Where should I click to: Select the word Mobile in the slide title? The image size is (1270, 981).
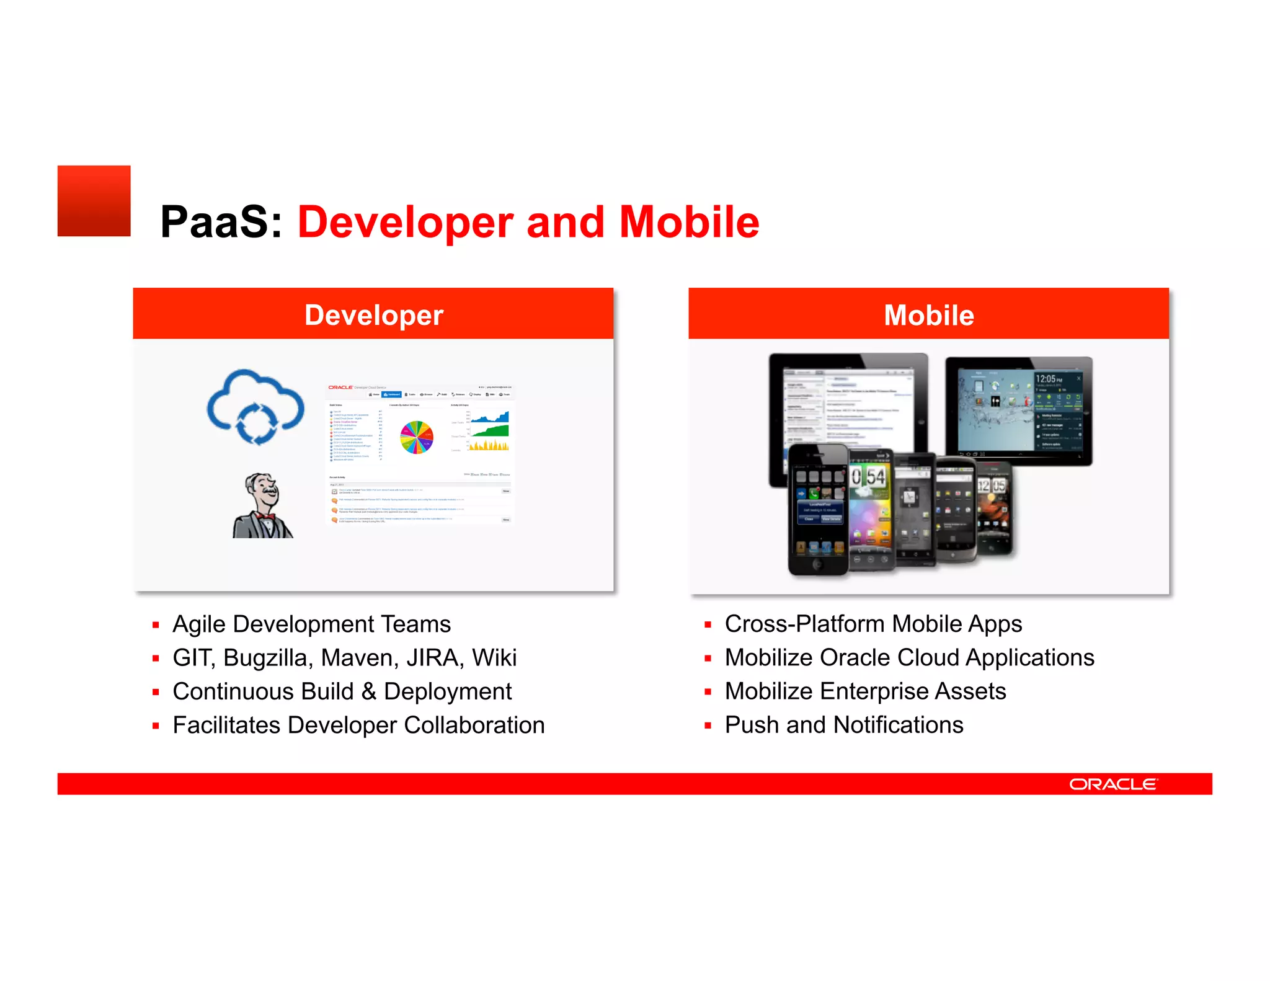point(689,222)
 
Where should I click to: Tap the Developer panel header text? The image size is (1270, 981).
point(373,315)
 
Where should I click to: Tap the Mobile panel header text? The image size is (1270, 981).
point(928,315)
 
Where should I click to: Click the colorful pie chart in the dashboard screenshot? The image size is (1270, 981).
point(417,437)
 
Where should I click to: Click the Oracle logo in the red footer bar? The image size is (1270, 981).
point(1112,784)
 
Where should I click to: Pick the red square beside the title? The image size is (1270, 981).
point(94,201)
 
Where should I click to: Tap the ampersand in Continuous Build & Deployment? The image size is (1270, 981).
point(368,691)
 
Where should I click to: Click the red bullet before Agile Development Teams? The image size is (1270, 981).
point(156,625)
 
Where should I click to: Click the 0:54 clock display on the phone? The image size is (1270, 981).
point(869,476)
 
